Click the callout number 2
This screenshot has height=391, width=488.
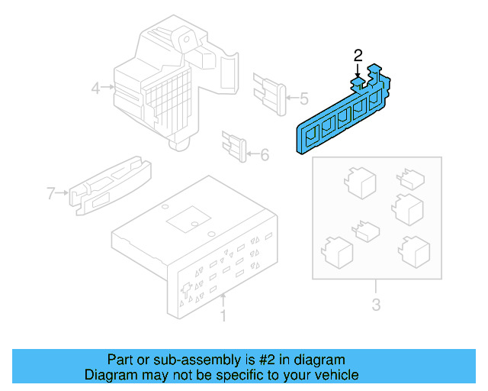358,55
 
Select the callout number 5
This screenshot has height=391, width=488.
303,98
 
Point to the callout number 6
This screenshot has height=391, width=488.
265,155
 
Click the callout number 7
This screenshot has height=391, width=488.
51,193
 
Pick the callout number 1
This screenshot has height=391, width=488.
223,315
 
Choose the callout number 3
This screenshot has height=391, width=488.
376,307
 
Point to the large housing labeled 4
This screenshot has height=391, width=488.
164,84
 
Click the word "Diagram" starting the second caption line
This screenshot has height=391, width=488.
108,375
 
